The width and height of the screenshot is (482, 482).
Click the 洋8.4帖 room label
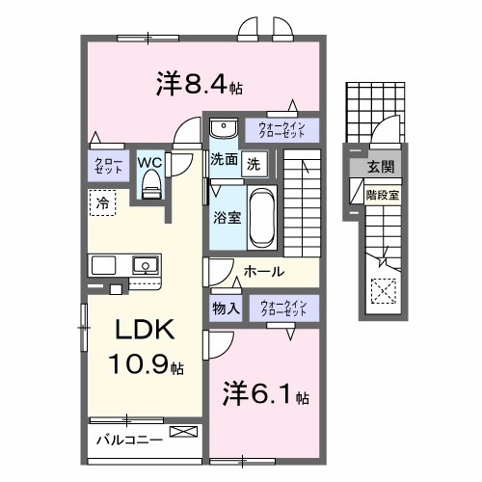tap(199, 84)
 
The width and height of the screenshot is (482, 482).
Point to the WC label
tap(149, 162)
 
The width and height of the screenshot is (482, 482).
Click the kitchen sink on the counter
tap(146, 265)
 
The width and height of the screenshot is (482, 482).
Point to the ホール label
tap(263, 272)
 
